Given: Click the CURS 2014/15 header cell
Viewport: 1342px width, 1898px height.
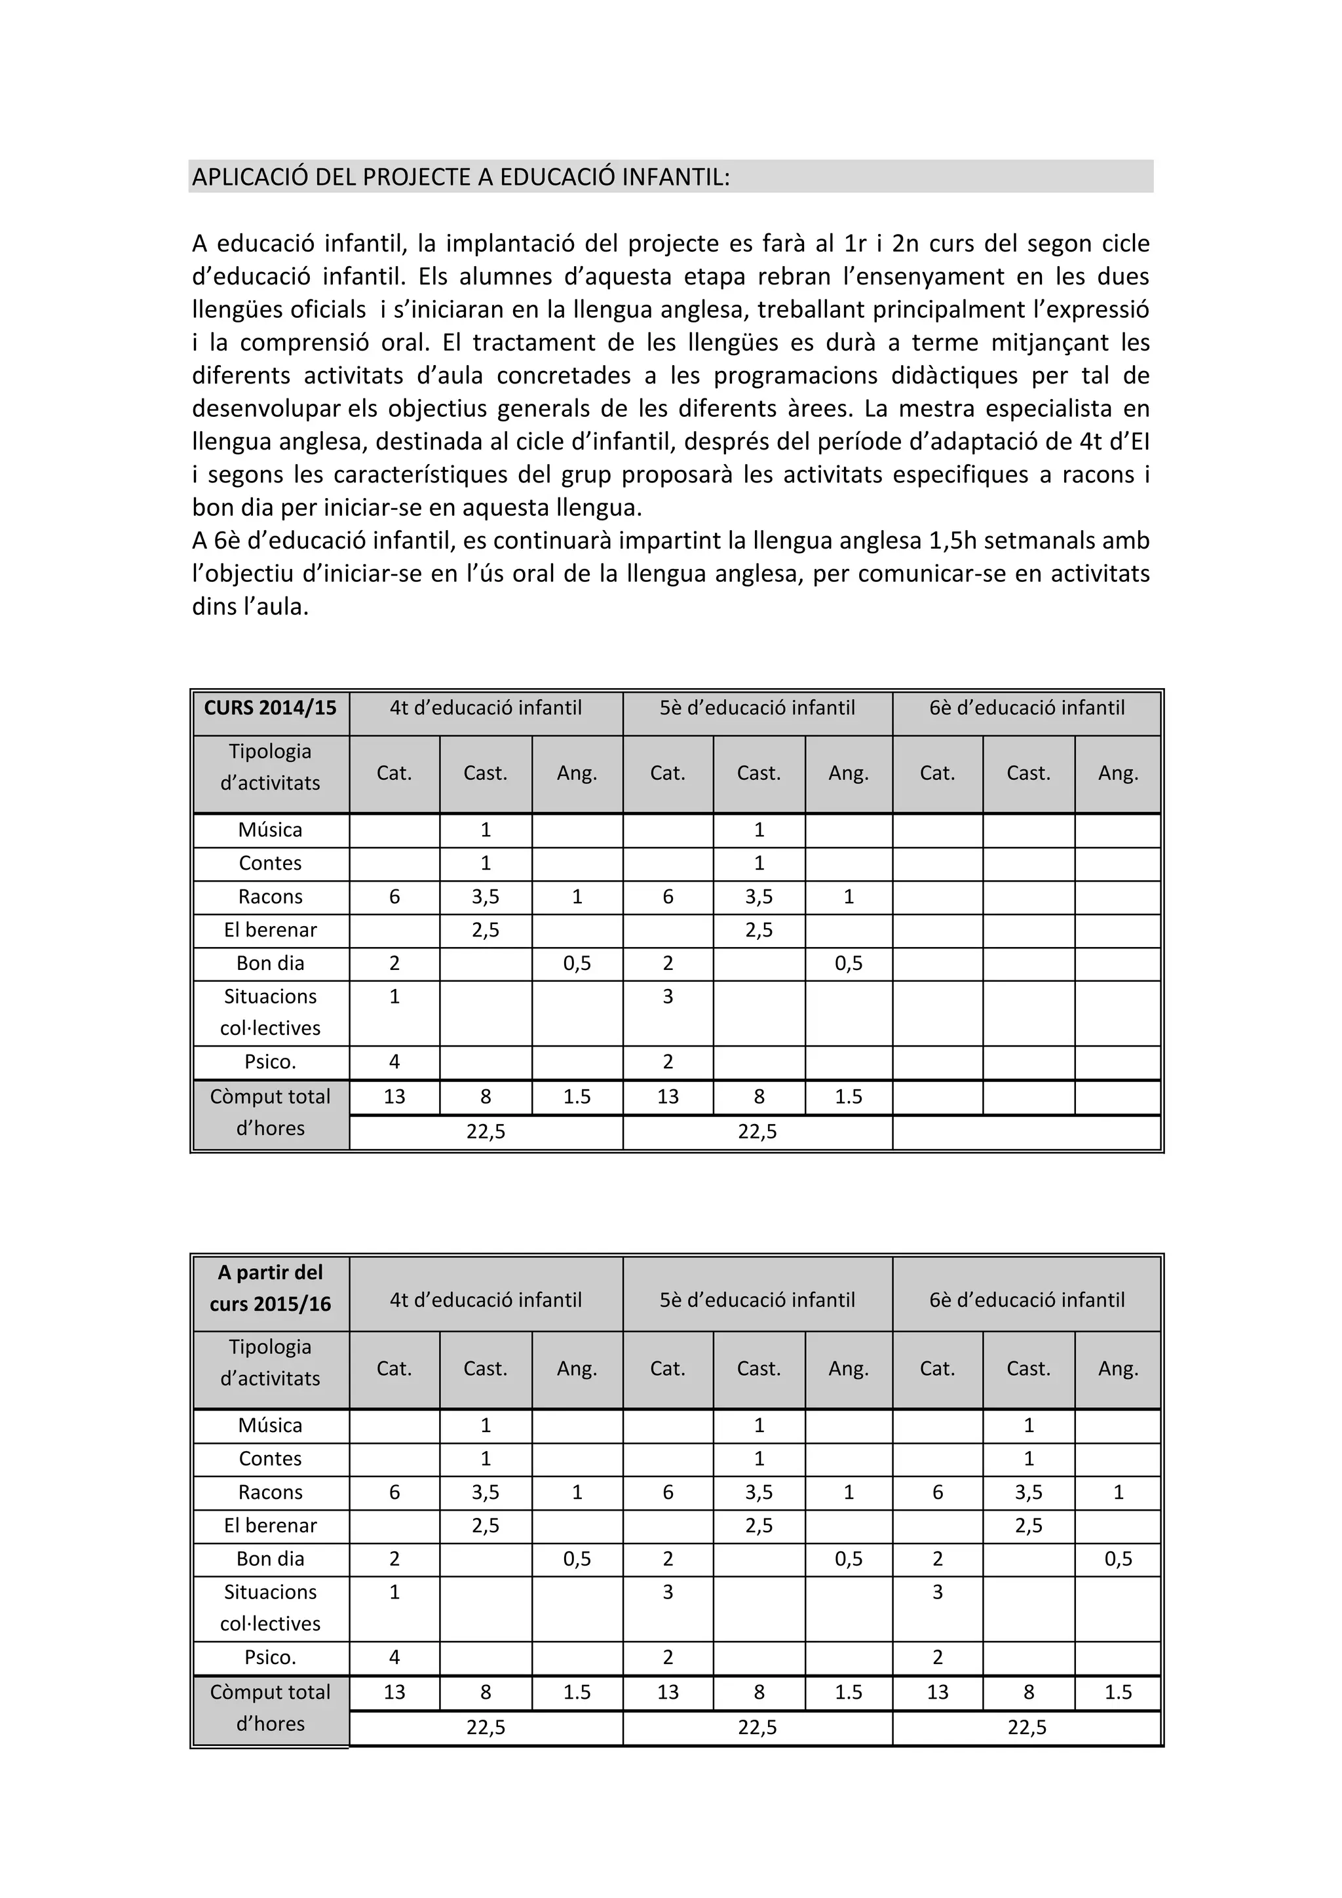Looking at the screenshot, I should click(270, 708).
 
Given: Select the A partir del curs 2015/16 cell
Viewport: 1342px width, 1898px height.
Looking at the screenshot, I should click(270, 1288).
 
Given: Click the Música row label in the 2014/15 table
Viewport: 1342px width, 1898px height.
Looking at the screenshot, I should click(270, 830).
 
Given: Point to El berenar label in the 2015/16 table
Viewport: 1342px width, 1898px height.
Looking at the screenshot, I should click(270, 1526).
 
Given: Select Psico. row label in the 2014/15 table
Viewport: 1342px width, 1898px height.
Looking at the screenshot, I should click(270, 1062).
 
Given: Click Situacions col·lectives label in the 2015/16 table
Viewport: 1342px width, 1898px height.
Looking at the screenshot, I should click(270, 1608).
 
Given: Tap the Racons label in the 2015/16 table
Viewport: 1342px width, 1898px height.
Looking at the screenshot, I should click(270, 1492).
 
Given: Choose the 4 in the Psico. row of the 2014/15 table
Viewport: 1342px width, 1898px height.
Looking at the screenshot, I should click(394, 1062).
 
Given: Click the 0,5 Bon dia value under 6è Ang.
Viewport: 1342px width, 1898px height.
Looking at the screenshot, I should click(1117, 1559).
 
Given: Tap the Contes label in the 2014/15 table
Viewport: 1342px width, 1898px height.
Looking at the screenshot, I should click(270, 864).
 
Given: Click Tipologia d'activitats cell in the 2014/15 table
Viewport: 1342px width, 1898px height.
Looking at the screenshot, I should click(270, 768).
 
